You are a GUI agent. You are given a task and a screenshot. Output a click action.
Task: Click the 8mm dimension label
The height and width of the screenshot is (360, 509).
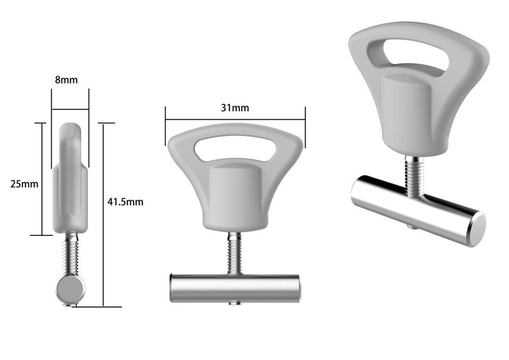66,80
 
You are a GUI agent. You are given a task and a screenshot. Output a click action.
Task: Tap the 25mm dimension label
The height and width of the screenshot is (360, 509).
24,184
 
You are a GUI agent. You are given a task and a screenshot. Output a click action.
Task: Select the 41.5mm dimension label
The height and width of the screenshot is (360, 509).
125,202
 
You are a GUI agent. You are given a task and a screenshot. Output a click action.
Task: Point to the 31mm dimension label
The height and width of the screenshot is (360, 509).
235,107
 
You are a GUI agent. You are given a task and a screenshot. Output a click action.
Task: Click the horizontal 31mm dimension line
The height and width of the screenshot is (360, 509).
235,119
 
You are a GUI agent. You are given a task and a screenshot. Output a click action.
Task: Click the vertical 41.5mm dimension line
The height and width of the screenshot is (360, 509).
104,215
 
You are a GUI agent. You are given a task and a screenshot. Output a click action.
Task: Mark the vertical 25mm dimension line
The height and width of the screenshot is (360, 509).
42,179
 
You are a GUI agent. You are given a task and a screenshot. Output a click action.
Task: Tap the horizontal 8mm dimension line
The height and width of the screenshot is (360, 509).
70,109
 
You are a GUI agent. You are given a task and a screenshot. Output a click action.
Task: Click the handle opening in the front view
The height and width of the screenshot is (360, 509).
235,148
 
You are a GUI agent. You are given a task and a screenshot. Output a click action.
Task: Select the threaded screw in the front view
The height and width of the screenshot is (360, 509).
234,253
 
